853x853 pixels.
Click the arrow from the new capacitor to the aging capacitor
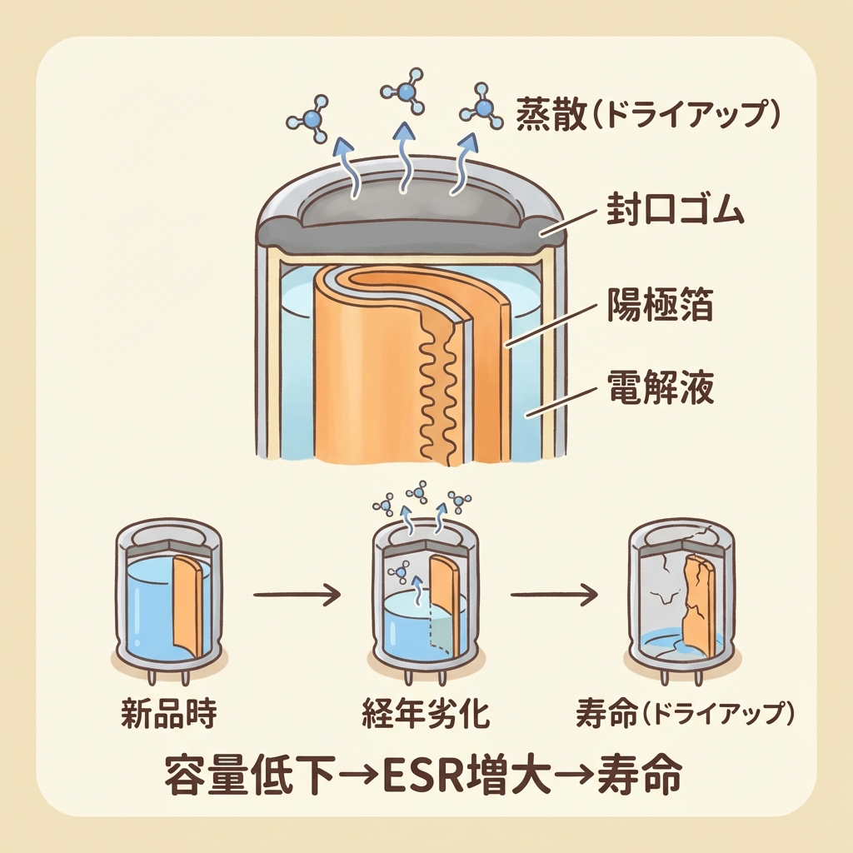296,594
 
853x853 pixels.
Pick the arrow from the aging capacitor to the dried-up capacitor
554,594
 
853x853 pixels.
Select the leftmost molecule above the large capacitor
311,117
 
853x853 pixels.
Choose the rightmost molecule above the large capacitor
483,106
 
